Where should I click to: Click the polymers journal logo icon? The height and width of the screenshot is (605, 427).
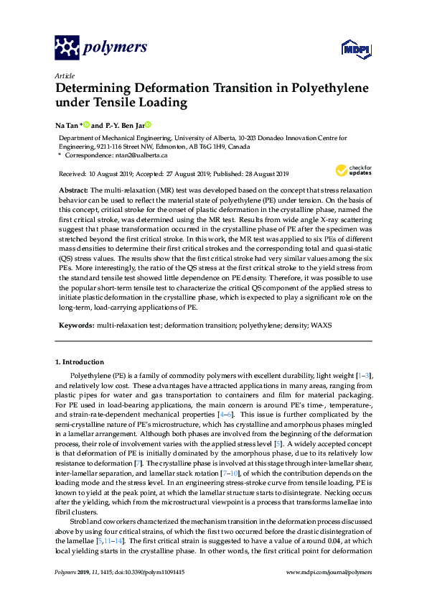[x=66, y=48]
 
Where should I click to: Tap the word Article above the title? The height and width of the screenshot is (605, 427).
[x=64, y=75]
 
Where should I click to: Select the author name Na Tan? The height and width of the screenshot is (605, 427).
[x=66, y=124]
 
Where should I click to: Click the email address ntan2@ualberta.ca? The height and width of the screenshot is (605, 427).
[x=144, y=154]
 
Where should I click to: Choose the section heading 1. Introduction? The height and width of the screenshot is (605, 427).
[x=80, y=362]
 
